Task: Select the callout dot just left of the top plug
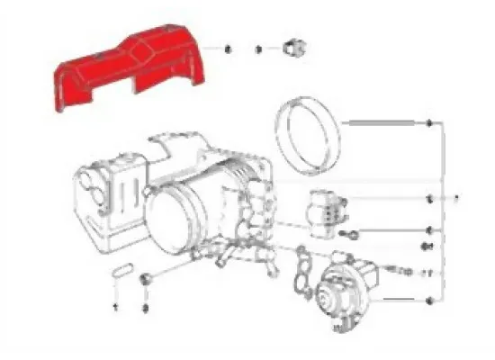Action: [259, 47]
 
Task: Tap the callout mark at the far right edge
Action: [456, 197]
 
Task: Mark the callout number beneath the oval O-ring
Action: [116, 306]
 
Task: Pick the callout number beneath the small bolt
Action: [144, 307]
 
